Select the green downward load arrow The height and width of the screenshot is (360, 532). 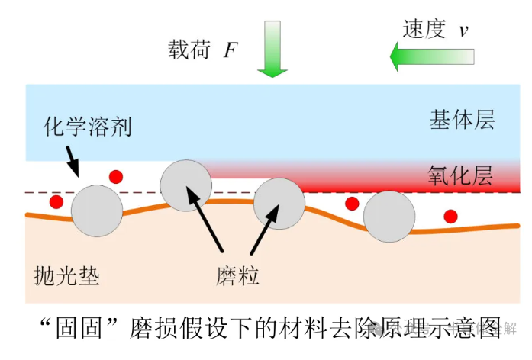(272, 50)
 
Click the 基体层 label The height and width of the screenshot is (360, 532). (463, 121)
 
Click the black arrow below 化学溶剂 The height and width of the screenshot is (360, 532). (72, 159)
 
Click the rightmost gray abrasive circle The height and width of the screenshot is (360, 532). (389, 217)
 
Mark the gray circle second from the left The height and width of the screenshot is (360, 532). (186, 186)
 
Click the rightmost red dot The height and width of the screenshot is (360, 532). (451, 216)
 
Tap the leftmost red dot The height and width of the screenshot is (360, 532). (56, 203)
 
